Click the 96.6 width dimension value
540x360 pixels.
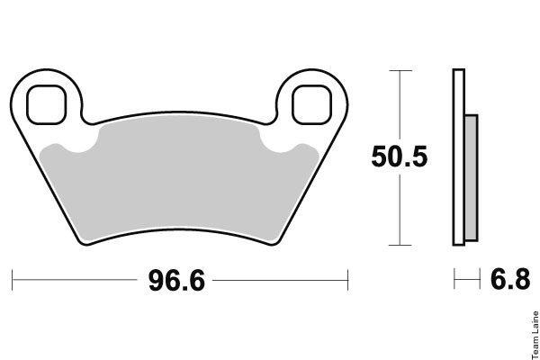click(x=176, y=281)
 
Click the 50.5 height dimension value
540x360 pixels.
click(x=400, y=157)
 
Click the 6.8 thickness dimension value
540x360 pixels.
click(x=510, y=279)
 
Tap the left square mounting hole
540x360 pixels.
click(x=46, y=104)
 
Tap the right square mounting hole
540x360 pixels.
click(x=311, y=104)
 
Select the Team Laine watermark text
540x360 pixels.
click(x=535, y=335)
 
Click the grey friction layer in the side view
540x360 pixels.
click(x=471, y=178)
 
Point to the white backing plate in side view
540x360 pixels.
click(x=459, y=157)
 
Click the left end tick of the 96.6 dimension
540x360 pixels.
click(x=12, y=280)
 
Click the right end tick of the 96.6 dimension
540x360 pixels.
click(x=347, y=280)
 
